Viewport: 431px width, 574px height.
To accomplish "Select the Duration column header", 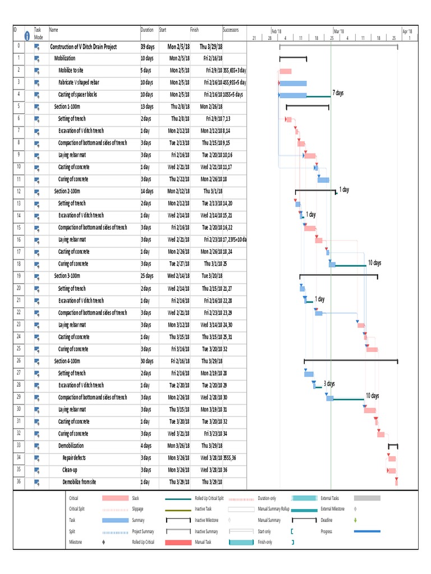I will click(x=146, y=30).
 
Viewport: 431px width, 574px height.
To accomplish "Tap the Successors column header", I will click(x=232, y=30).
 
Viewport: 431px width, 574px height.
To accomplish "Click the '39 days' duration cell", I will click(x=148, y=47).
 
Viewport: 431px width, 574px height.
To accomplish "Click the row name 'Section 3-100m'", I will click(x=67, y=276).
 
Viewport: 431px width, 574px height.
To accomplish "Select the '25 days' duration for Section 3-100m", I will click(x=148, y=276).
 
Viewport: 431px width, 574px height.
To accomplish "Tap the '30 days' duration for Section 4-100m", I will click(x=148, y=361).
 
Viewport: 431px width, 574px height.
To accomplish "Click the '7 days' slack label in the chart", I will click(x=338, y=92).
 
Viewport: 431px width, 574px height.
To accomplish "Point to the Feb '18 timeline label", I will click(x=277, y=31).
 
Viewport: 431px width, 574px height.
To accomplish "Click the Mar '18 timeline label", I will click(x=339, y=31).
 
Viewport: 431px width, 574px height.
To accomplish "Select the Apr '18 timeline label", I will click(x=407, y=31).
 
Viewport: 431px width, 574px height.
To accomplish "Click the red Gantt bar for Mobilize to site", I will click(x=286, y=71).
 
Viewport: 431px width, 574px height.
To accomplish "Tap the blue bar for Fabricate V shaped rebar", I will click(x=293, y=83).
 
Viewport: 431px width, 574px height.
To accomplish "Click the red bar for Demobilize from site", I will click(x=396, y=482).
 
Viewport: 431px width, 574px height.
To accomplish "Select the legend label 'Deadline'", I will click(x=327, y=520).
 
